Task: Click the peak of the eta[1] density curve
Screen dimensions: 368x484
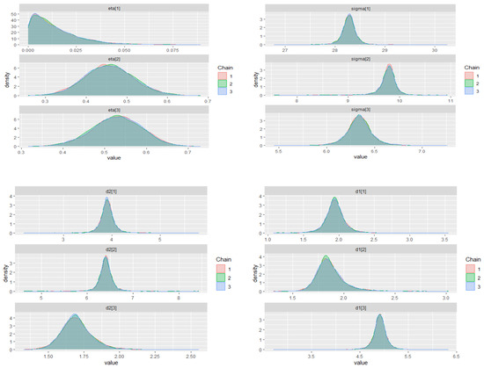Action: coord(36,15)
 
